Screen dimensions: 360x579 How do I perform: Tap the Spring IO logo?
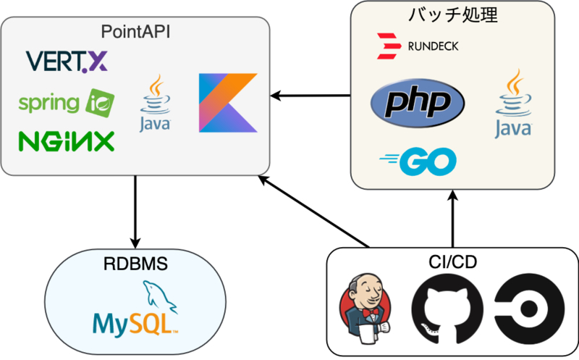pos(66,103)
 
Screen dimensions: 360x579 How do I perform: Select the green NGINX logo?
pos(66,140)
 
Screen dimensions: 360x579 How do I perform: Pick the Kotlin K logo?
pos(228,102)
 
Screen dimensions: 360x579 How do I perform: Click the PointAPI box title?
pos(135,32)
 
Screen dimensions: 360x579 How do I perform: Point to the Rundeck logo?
pos(417,46)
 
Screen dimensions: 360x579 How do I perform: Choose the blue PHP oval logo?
pos(416,102)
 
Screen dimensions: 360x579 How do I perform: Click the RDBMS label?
pos(135,265)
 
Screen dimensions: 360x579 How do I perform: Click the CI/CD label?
pos(452,261)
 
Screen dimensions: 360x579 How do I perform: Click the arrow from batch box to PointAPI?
pos(311,95)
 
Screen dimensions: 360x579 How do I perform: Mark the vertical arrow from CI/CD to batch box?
pos(453,217)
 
